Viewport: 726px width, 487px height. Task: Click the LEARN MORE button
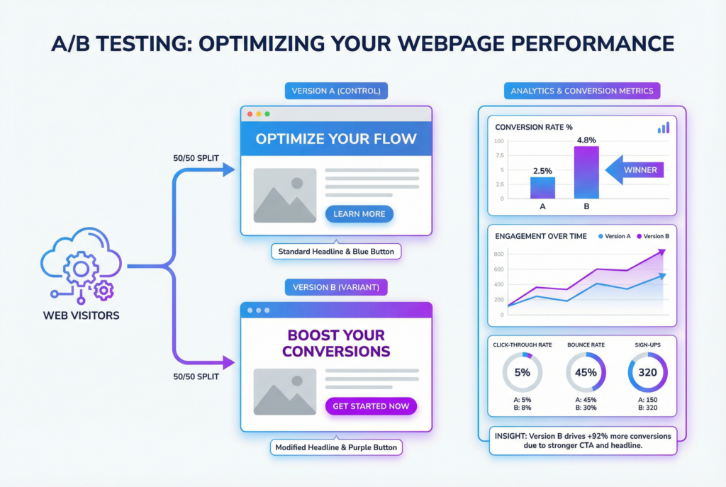pyautogui.click(x=359, y=214)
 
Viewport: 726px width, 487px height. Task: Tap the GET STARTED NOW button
pyautogui.click(x=371, y=406)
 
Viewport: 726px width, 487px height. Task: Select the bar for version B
pyautogui.click(x=586, y=172)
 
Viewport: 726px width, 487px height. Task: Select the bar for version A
pyautogui.click(x=543, y=187)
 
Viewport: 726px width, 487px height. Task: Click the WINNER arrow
pyautogui.click(x=634, y=170)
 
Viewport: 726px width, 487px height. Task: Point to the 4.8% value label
pyautogui.click(x=586, y=140)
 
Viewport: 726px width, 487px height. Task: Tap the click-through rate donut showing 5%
pyautogui.click(x=523, y=372)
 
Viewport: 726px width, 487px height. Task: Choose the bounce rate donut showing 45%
pyautogui.click(x=586, y=372)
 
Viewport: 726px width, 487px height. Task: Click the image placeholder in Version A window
pyautogui.click(x=285, y=196)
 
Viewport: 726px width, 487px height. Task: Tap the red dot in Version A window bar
pyautogui.click(x=249, y=114)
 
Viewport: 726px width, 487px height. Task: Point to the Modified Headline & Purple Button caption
pyautogui.click(x=336, y=447)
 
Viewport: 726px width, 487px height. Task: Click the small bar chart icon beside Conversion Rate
pyautogui.click(x=663, y=128)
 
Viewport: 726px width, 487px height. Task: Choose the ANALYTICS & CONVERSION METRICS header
pyautogui.click(x=582, y=91)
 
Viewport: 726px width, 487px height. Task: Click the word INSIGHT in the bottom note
pyautogui.click(x=510, y=436)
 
